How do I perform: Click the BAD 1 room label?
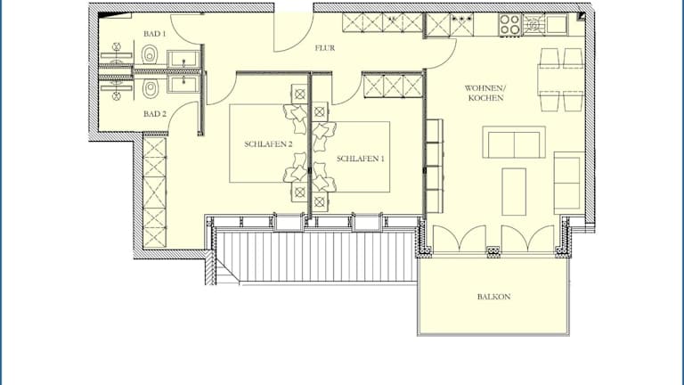point(155,34)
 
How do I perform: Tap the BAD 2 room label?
point(155,114)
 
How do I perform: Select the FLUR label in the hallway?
point(325,48)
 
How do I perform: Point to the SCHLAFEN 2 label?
point(268,144)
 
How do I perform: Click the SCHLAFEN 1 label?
point(361,159)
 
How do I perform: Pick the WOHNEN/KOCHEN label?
point(485,93)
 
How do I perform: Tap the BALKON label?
point(493,297)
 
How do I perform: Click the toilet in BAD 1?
point(150,54)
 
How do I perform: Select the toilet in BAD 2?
point(150,89)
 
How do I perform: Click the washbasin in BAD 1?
point(183,59)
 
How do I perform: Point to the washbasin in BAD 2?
point(183,84)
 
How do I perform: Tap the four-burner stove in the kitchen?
point(510,24)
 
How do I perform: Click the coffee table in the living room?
point(514,192)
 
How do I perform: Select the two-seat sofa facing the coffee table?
point(514,143)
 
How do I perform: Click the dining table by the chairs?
point(561,80)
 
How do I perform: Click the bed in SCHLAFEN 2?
point(268,143)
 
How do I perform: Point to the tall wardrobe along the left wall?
point(154,192)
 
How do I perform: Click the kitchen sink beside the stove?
point(556,24)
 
